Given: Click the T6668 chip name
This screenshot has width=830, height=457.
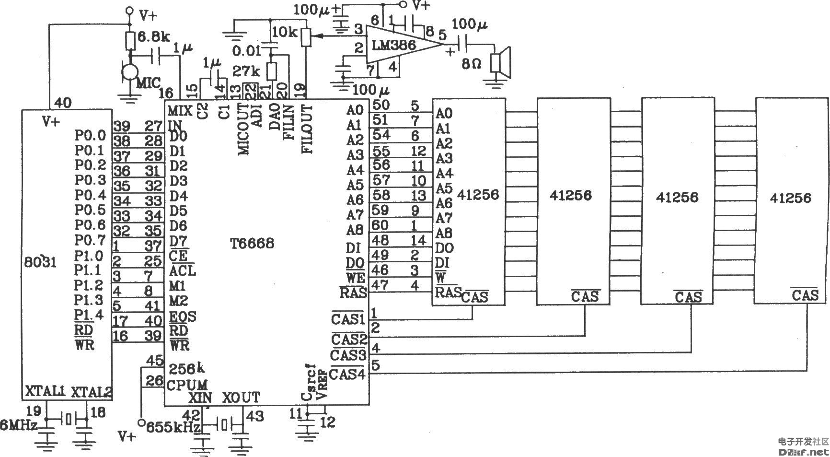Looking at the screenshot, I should click(251, 244).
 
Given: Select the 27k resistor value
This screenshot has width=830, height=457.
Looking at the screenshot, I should click(246, 71).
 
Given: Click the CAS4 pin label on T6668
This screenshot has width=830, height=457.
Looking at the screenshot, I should click(348, 374).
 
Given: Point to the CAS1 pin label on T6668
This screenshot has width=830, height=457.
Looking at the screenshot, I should click(348, 318).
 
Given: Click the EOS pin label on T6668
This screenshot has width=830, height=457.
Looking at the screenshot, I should click(183, 317).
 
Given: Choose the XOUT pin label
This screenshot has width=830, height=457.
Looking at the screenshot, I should click(241, 397).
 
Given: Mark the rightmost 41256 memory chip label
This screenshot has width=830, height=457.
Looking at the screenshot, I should click(791, 198).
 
